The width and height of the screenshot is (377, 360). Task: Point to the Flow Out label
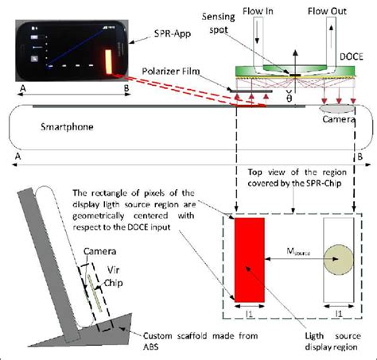click(335, 11)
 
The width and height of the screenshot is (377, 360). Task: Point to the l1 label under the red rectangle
click(250, 316)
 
